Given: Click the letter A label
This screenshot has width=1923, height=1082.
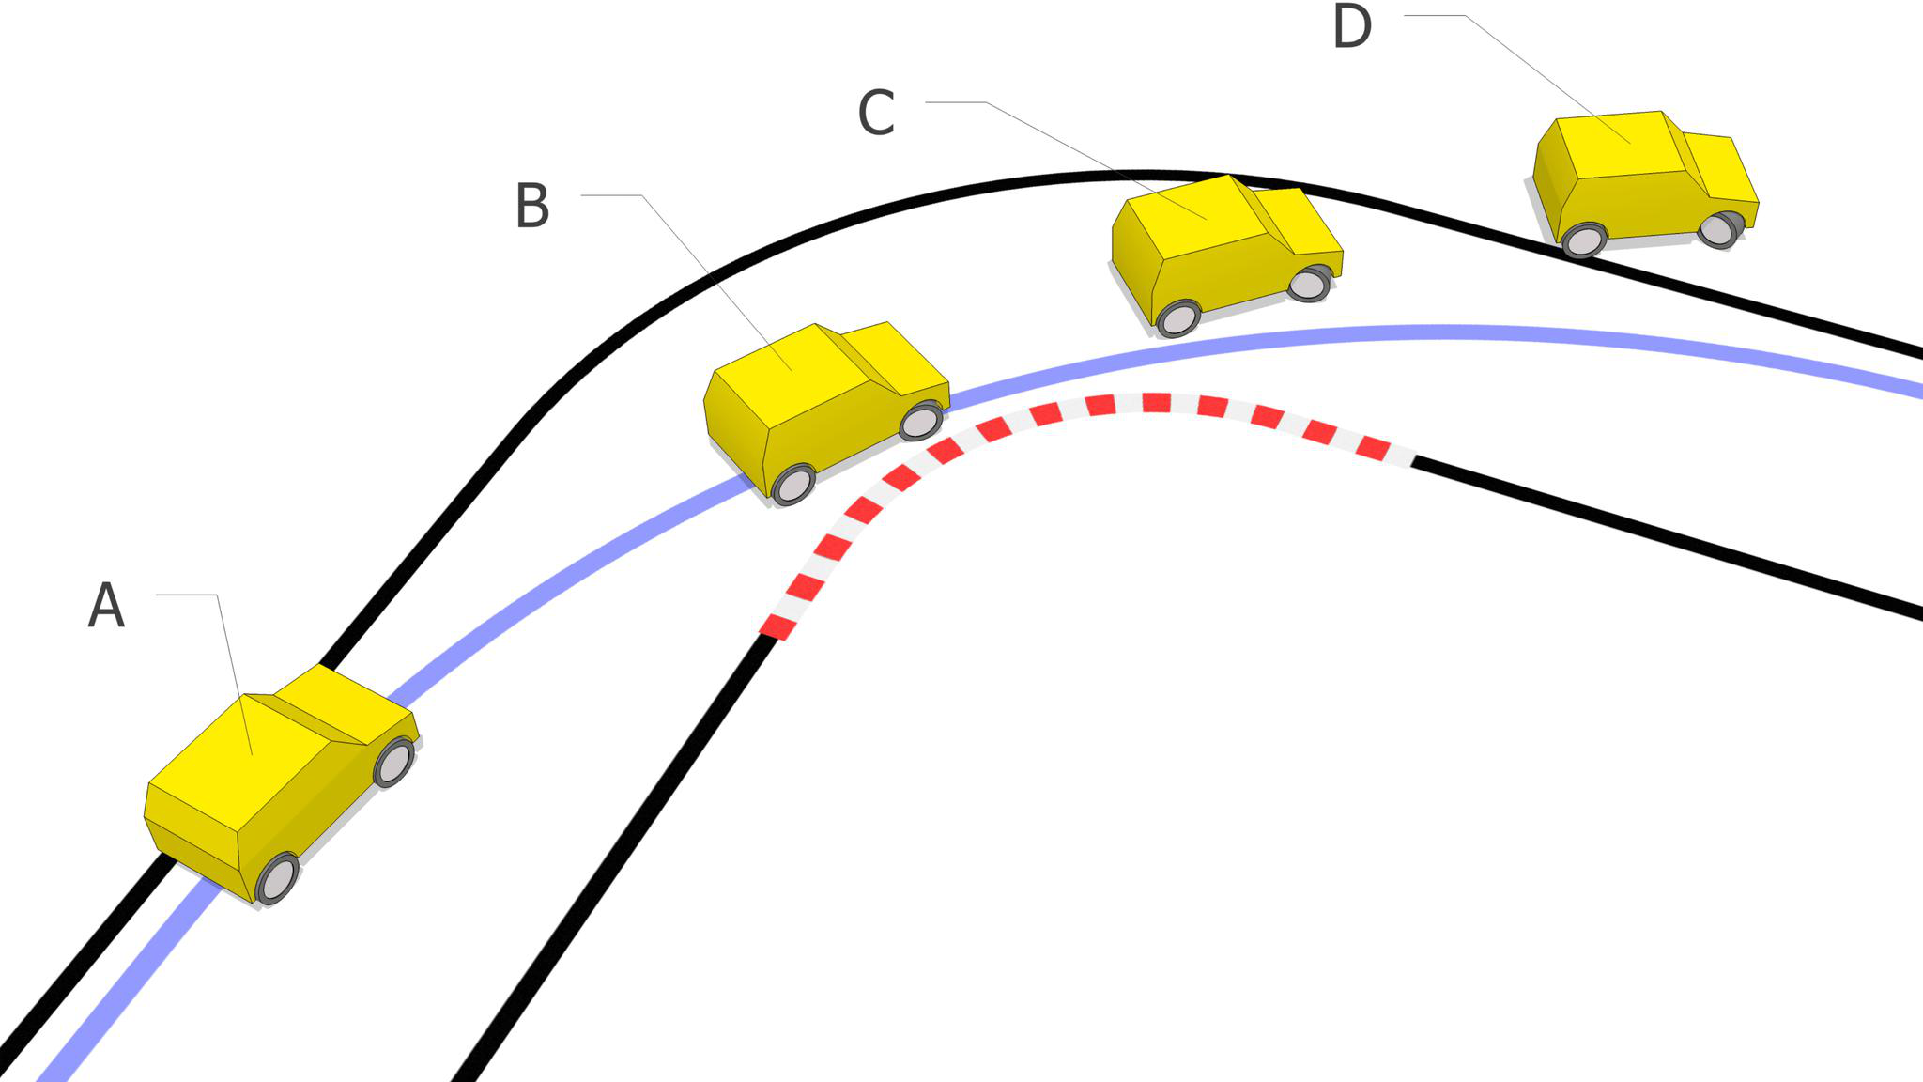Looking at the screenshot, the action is click(x=106, y=605).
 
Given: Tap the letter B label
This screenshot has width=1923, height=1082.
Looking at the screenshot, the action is click(x=532, y=206).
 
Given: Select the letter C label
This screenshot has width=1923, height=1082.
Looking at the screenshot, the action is click(x=876, y=114).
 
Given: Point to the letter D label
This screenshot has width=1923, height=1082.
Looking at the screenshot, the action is click(x=1352, y=27).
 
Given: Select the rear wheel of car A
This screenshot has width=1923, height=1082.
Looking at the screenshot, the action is click(x=278, y=879).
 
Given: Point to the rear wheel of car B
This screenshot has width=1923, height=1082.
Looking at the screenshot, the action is click(x=793, y=485).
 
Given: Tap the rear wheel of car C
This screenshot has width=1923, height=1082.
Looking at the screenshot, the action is click(x=1178, y=318).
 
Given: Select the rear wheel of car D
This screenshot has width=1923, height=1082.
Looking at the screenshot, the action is click(x=1585, y=240).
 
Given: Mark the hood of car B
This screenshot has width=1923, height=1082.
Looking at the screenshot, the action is click(x=897, y=357).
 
